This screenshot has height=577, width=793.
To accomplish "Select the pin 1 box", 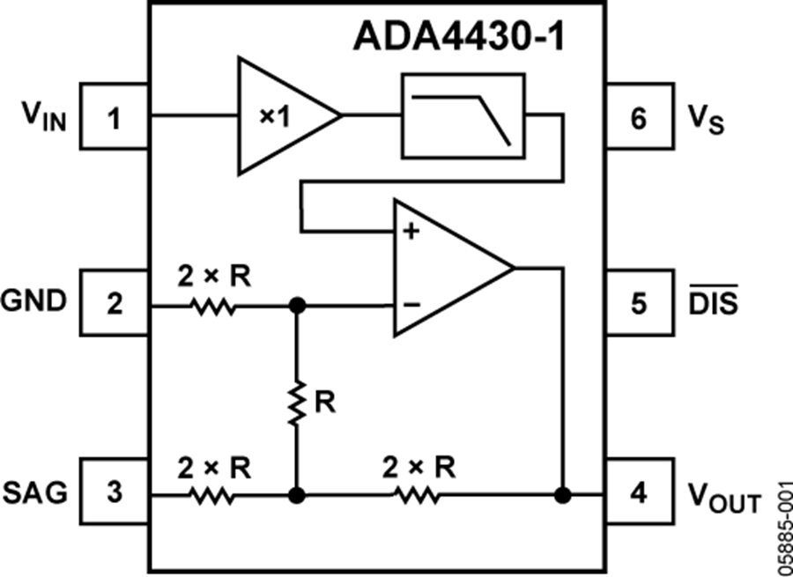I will (x=114, y=116).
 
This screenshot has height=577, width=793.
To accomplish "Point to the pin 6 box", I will (x=639, y=116).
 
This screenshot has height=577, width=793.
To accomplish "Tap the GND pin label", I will (x=34, y=302).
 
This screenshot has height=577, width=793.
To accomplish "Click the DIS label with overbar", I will (x=714, y=302).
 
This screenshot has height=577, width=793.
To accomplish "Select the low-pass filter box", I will (x=463, y=115).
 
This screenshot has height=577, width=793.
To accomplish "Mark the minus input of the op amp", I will (x=410, y=305).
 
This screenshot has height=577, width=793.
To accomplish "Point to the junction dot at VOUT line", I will (x=560, y=496).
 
